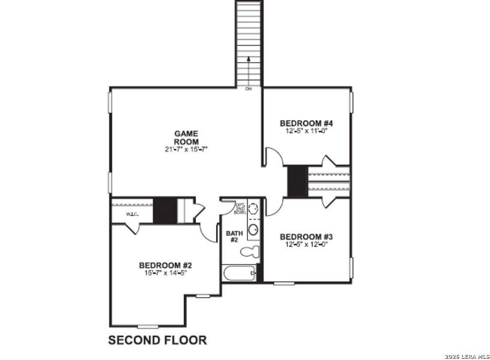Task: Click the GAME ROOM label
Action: coord(186,137)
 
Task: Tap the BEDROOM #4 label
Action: coord(306,124)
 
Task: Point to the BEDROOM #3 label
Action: coord(306,236)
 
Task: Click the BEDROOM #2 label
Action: coord(166,265)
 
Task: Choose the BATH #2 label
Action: coord(233,236)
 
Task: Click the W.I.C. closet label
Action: coord(132,214)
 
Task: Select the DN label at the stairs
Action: coord(249,89)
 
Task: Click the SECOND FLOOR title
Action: coord(157,340)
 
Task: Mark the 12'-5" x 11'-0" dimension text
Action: coord(306,131)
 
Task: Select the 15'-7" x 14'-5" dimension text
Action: coord(166,273)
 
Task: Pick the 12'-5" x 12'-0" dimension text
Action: coord(306,244)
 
